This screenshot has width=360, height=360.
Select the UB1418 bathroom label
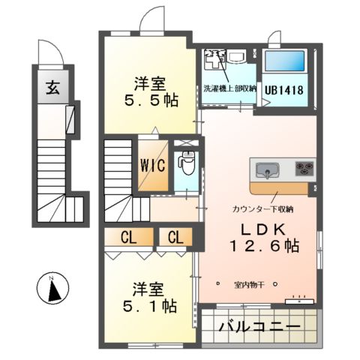point(284,88)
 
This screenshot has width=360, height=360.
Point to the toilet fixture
point(185,162)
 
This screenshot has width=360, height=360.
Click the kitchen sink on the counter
point(267,169)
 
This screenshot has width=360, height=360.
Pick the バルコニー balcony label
point(259,328)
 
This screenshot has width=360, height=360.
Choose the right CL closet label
point(175,238)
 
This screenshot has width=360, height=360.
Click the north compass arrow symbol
point(52,289)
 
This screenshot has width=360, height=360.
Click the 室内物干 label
point(250,286)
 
